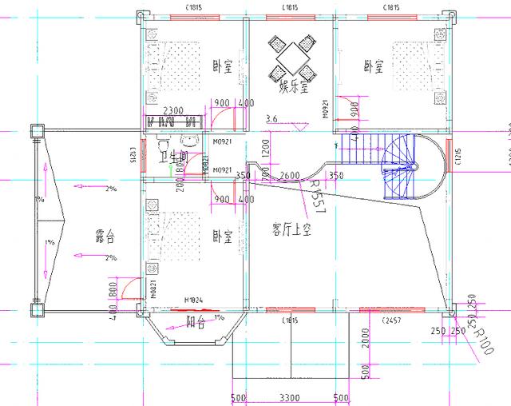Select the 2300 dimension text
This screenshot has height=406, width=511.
(x=175, y=111)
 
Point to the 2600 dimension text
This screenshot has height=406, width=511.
(x=290, y=175)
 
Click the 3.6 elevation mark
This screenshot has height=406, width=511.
(x=271, y=119)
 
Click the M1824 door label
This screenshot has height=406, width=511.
(x=192, y=301)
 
